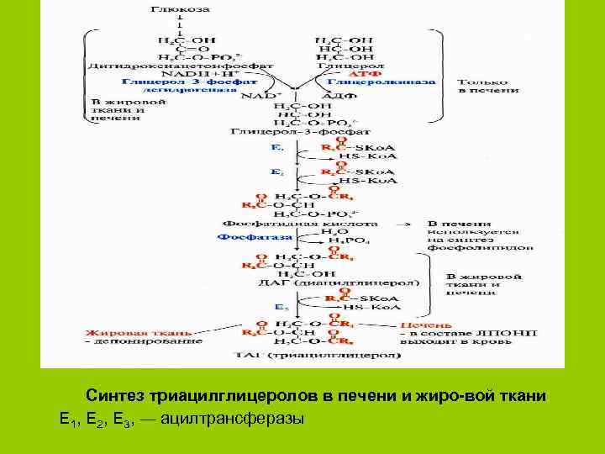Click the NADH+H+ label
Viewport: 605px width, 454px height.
point(171,73)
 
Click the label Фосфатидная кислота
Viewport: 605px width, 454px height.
point(284,224)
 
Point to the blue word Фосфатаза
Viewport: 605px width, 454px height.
point(245,238)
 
